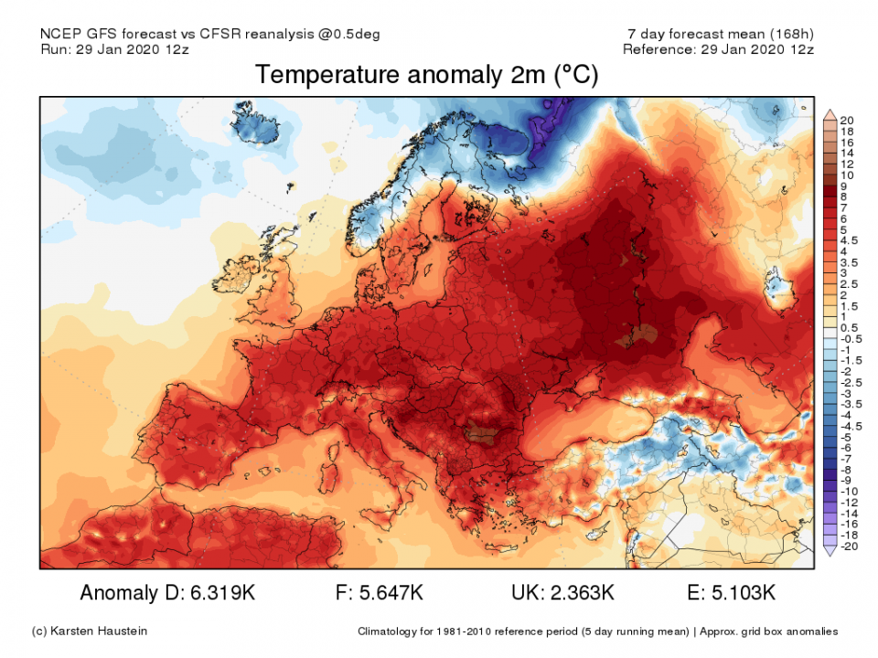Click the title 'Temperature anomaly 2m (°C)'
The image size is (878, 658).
click(426, 75)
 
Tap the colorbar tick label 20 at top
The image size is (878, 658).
click(846, 121)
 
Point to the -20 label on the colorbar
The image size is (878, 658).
click(849, 547)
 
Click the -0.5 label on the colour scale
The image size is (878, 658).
click(850, 339)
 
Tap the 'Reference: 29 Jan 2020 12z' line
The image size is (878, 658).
click(717, 48)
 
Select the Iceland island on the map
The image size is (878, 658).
click(257, 126)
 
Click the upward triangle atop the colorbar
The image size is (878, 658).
click(830, 113)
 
